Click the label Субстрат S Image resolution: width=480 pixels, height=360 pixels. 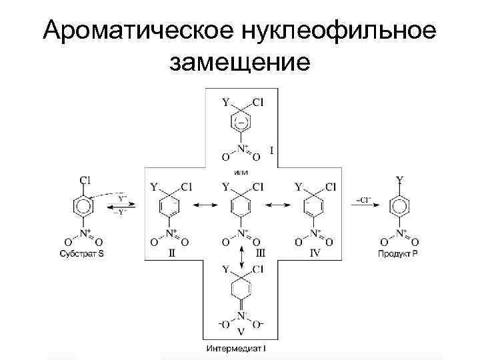[84, 253]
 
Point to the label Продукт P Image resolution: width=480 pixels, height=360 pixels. [399, 253]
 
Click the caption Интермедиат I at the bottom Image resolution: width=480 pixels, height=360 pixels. [240, 349]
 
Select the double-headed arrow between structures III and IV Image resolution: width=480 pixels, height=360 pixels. [277, 207]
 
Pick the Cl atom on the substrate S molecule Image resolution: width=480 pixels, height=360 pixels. [85, 179]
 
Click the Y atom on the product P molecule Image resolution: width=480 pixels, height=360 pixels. [399, 179]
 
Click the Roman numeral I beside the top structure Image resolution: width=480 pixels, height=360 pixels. [271, 151]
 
